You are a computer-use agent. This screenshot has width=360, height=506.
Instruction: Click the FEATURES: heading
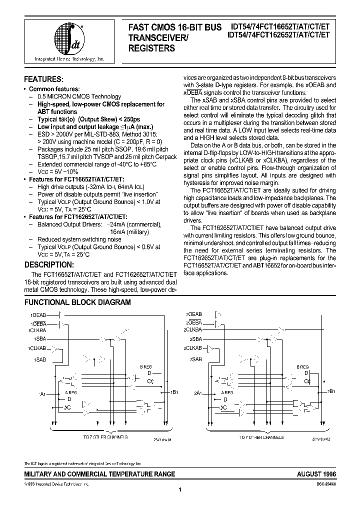click(44, 79)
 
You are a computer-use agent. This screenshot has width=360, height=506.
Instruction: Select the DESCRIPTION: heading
click(49, 264)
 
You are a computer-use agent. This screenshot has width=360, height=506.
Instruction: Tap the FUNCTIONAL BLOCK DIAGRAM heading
click(77, 302)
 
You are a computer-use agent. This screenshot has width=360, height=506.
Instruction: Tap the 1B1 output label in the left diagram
click(174, 392)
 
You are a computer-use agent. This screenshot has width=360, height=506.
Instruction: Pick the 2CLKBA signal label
click(192, 329)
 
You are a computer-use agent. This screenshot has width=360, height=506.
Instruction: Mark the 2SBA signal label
click(194, 339)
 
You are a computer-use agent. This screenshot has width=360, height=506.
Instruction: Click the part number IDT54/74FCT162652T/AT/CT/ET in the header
click(278, 34)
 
